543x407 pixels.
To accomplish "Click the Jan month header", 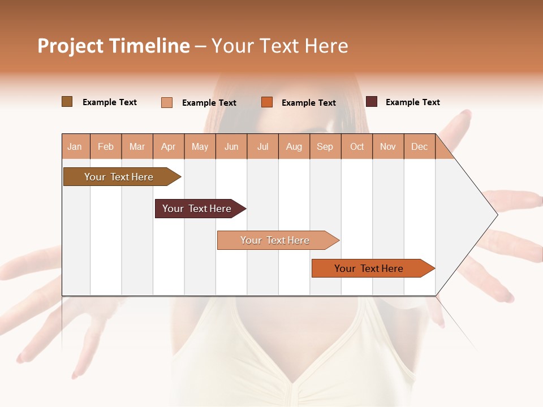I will coord(75,147).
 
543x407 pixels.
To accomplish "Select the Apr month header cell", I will coord(169,147).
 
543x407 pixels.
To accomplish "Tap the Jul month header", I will coord(262,147).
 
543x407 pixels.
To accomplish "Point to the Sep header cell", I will coord(325,147).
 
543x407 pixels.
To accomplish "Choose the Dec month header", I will coord(419,147).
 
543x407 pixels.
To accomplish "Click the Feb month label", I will coord(106,147).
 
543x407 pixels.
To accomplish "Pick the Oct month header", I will coord(357,147).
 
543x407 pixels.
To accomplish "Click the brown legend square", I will coord(67,102).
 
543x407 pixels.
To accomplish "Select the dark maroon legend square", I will coord(372,102).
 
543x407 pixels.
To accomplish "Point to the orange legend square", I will coord(267,102).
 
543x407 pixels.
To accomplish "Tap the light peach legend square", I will coord(167,102).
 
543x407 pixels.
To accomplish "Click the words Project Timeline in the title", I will coord(113,46).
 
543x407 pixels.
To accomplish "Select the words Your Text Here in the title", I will coord(279,46).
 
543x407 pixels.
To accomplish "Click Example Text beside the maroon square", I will coord(412,102).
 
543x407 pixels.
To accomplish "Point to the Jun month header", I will coord(231,147).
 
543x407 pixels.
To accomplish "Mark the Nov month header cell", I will coord(388,147).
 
